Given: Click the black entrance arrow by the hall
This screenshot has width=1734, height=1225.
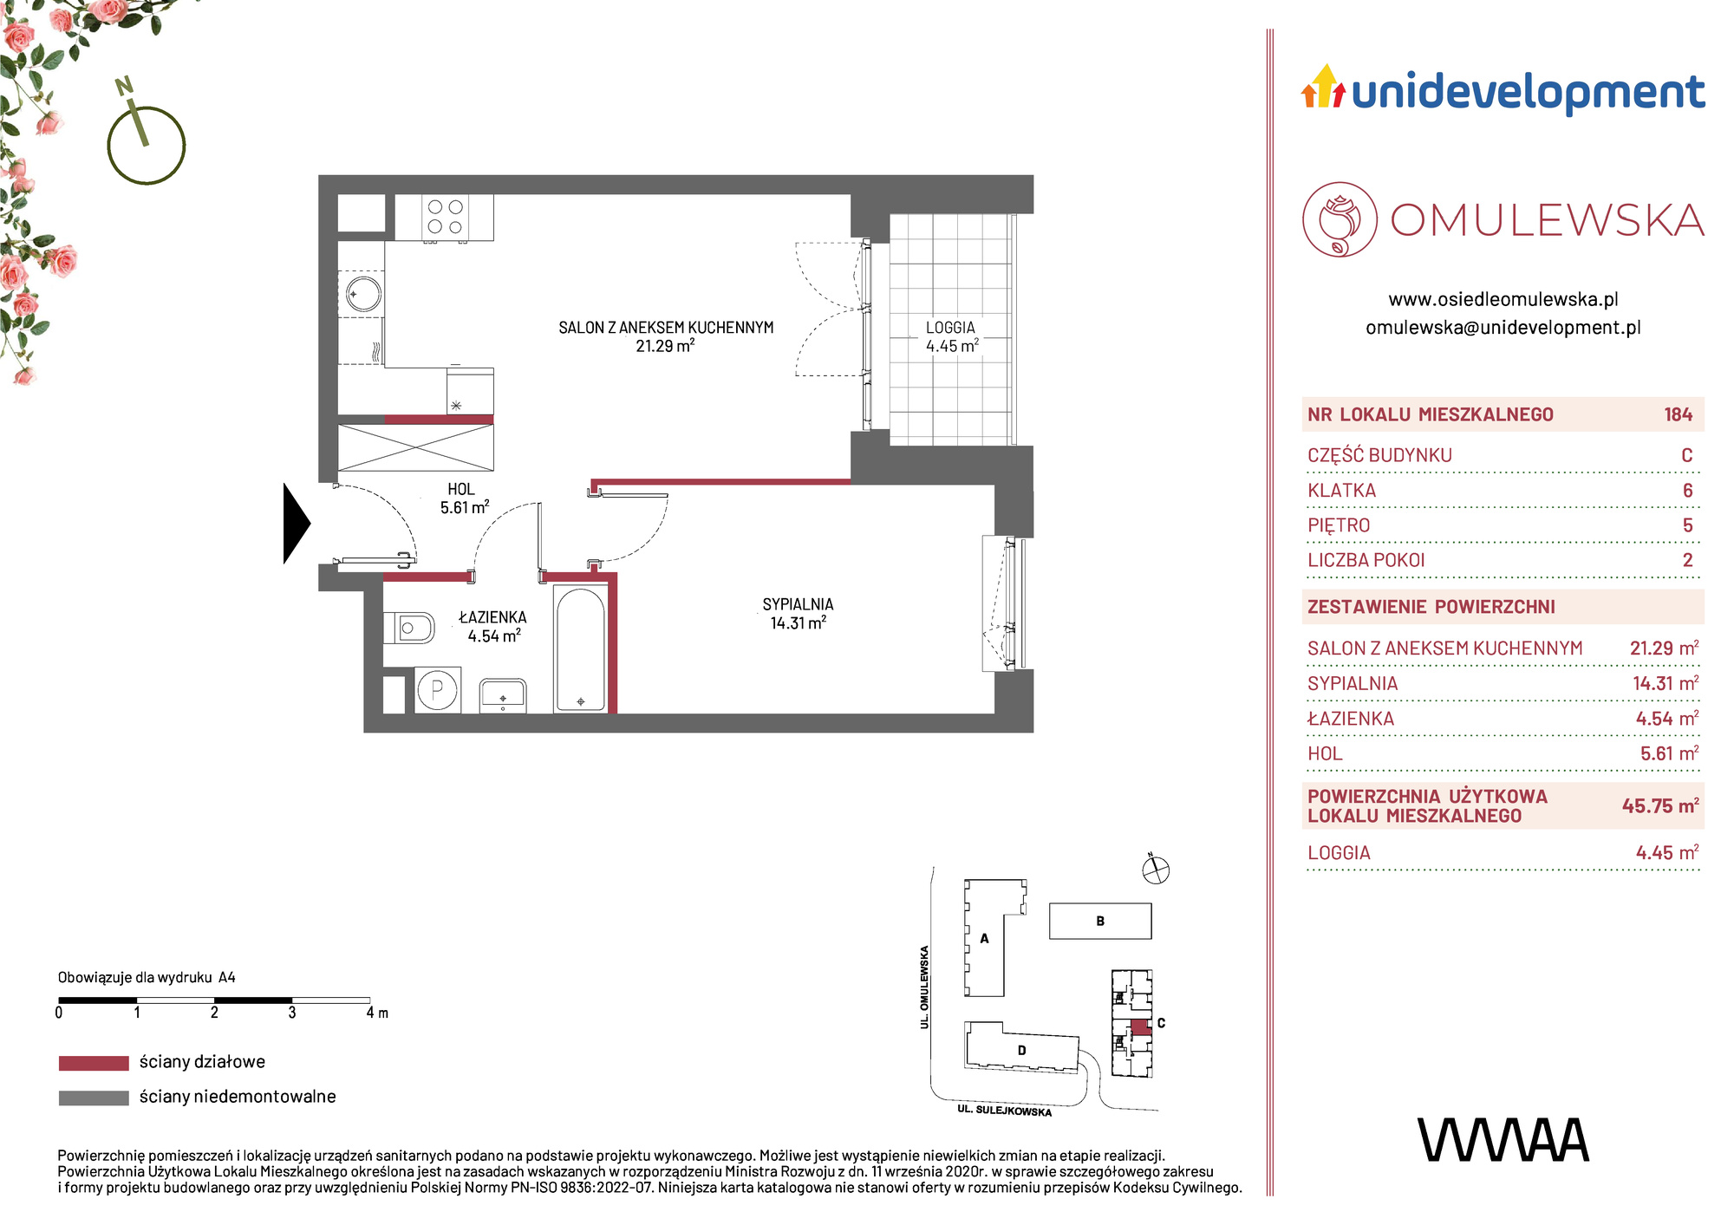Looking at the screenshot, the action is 296,523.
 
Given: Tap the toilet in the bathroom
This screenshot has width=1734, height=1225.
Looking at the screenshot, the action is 408,628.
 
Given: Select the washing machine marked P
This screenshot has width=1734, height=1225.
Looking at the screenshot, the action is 438,690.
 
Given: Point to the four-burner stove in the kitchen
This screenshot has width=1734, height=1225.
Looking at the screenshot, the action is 445,217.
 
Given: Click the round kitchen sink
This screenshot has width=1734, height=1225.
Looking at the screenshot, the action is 362,293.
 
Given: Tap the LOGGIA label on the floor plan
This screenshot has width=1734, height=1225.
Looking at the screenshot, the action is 950,328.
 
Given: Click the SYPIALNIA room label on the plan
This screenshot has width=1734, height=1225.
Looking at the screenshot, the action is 798,604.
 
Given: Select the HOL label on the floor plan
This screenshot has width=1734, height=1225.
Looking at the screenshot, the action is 461,489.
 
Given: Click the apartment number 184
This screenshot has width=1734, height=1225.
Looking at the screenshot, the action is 1678,414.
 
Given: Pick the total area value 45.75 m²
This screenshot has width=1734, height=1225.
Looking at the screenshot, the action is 1659,805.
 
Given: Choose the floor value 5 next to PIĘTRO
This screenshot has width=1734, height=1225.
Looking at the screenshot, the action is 1687,525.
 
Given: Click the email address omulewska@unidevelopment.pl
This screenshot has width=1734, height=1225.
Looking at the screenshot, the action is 1503,328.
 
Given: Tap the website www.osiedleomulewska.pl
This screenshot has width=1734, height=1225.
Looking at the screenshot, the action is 1503,299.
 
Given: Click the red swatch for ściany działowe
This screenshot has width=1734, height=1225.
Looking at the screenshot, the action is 94,1063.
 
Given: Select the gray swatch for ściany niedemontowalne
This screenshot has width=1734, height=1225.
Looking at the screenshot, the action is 94,1098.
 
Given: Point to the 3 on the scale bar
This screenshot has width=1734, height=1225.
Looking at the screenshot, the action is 292,1013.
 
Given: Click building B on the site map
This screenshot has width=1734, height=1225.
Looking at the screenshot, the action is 1100,921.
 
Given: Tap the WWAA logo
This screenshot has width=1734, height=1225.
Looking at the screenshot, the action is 1503,1140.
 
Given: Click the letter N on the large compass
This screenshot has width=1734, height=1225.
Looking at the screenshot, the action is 125,86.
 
